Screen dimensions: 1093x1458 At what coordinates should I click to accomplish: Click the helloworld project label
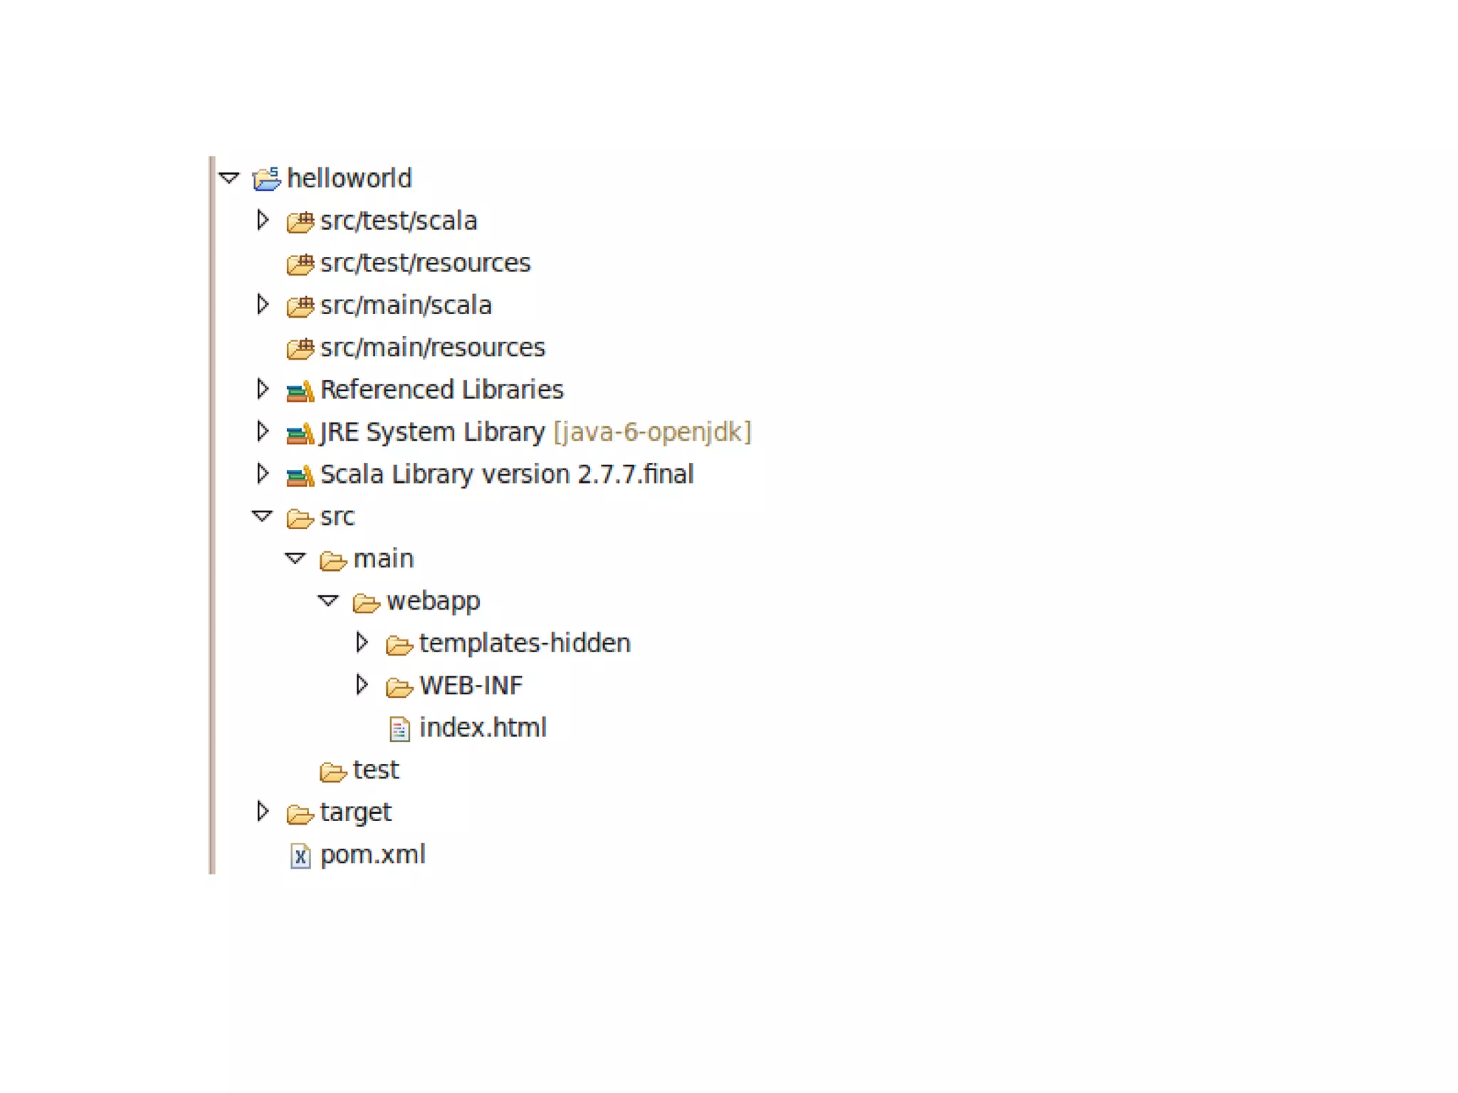pos(349,178)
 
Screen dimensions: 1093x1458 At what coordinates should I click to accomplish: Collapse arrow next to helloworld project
pos(229,177)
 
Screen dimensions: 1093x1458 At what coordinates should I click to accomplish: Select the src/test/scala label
pos(398,221)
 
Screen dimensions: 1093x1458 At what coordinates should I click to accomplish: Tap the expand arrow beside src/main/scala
pos(263,305)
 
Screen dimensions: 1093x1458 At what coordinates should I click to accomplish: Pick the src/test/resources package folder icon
pos(300,264)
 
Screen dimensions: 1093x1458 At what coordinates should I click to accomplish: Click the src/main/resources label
pos(432,347)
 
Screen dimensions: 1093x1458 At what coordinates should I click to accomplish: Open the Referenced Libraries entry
pos(441,389)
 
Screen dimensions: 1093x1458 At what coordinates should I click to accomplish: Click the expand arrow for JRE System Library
pos(263,432)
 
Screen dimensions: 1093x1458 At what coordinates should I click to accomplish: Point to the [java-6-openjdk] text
pos(652,432)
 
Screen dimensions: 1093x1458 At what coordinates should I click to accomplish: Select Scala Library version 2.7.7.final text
pos(506,474)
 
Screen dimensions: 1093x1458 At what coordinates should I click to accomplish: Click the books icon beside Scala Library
pos(300,475)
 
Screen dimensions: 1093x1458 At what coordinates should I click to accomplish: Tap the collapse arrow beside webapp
pos(328,601)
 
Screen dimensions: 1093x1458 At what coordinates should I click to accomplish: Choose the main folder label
pos(383,559)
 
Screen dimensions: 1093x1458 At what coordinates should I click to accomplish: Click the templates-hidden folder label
pos(525,644)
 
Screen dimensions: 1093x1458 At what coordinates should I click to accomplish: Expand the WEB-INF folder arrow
pos(362,685)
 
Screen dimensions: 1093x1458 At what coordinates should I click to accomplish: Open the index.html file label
pos(483,728)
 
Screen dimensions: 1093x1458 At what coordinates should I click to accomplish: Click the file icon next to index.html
pos(399,729)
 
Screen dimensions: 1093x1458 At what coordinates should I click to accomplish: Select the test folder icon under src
pos(332,771)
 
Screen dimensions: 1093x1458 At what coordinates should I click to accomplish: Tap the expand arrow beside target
pos(263,812)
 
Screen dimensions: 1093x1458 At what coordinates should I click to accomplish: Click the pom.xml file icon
pos(300,856)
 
